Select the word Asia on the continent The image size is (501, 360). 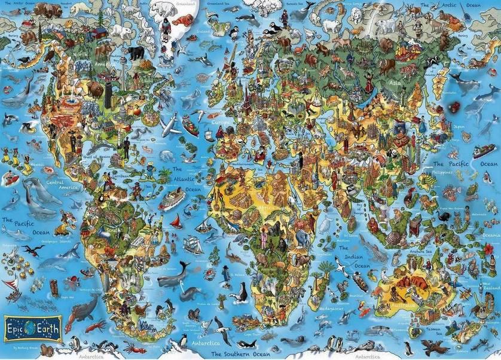[x=395, y=83]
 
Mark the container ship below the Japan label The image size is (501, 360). [x=483, y=150]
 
